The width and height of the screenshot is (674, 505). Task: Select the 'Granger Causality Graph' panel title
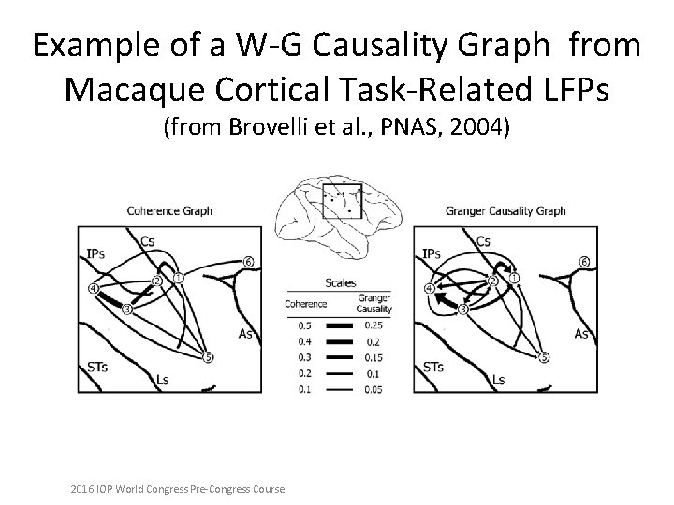coord(505,210)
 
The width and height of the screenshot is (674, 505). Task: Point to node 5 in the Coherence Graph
coord(208,356)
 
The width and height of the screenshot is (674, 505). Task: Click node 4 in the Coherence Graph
coord(93,289)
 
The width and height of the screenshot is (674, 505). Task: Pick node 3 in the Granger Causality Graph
coord(462,309)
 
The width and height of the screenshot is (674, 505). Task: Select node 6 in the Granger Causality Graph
coord(584,261)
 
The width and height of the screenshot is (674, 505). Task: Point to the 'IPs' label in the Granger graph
coord(432,253)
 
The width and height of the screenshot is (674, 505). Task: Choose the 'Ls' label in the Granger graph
coord(499,379)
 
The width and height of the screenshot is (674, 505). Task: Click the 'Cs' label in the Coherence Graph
coord(147,241)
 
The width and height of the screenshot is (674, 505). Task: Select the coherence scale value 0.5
coord(304,325)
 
